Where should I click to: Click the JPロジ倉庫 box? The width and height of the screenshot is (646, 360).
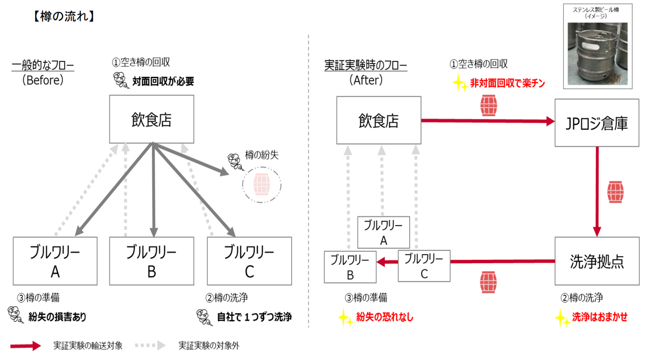596,123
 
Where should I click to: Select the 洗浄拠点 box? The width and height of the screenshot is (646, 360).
597,261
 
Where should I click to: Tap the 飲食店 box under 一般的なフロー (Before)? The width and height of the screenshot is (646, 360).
151,119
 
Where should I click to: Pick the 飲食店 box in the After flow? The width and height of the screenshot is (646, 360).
378,120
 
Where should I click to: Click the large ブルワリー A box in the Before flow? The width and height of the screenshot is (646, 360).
55,261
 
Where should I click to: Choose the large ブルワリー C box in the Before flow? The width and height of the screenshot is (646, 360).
249,261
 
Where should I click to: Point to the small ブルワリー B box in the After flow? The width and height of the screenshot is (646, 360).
350,267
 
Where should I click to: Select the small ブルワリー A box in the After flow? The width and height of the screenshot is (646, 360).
383,232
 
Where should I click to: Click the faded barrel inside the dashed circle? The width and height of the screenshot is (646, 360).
262,185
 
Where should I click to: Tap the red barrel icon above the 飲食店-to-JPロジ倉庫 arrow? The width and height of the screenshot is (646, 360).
489,105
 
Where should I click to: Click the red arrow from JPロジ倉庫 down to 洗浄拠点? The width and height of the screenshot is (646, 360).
597,192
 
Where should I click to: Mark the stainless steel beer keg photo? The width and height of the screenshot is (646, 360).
598,54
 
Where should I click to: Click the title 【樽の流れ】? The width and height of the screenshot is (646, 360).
64,17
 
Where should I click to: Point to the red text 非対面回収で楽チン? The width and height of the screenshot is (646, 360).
508,83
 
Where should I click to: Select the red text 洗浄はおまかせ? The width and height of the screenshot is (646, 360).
600,317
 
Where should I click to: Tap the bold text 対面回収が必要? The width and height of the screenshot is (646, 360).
163,82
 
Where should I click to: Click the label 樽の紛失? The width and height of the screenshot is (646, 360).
262,155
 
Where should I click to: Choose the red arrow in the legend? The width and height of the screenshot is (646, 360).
26,345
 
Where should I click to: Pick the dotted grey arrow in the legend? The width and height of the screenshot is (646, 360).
151,345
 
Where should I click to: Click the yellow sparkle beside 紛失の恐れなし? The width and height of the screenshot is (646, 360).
345,317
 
